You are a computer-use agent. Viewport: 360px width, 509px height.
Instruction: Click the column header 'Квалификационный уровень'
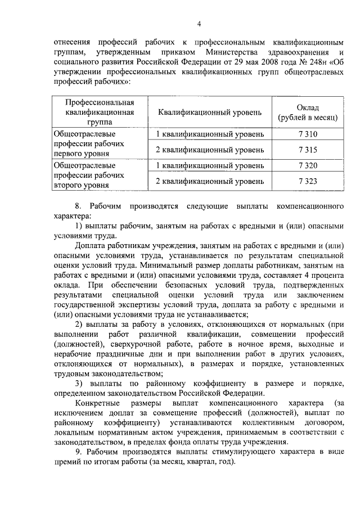point(209,112)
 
